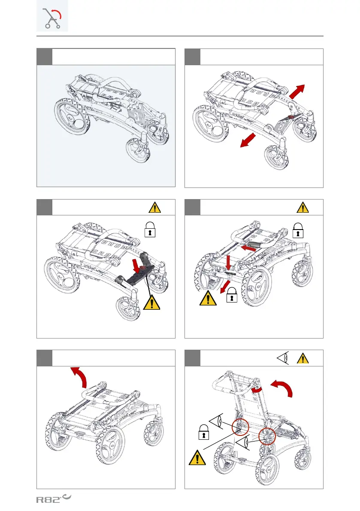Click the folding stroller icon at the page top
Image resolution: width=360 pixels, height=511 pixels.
(52, 19)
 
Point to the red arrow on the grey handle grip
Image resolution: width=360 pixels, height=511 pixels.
(250, 248)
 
